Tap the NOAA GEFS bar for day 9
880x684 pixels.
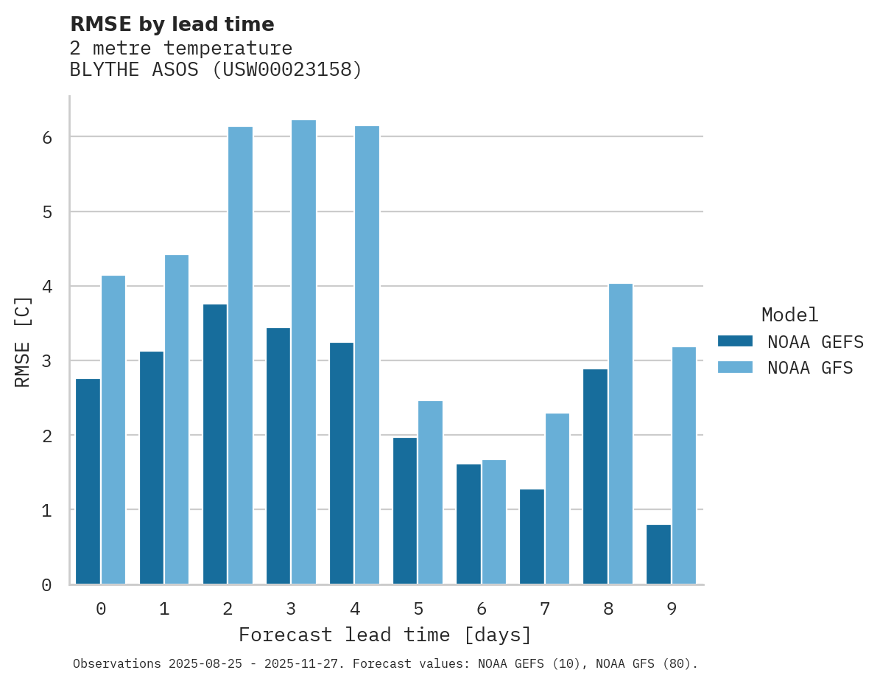pyautogui.click(x=658, y=554)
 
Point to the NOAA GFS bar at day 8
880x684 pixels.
pyautogui.click(x=621, y=434)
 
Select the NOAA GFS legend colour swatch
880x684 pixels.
pyautogui.click(x=735, y=367)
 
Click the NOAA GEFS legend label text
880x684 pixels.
pyautogui.click(x=815, y=341)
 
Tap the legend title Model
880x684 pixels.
pyautogui.click(x=789, y=315)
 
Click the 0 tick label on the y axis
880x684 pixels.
pyautogui.click(x=46, y=585)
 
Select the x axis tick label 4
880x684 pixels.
pyautogui.click(x=354, y=609)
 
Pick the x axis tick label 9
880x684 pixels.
pyautogui.click(x=671, y=609)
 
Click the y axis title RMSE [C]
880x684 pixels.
pyautogui.click(x=24, y=341)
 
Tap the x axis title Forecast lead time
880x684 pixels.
pyautogui.click(x=384, y=635)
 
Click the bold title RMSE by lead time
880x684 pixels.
pyautogui.click(x=172, y=24)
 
